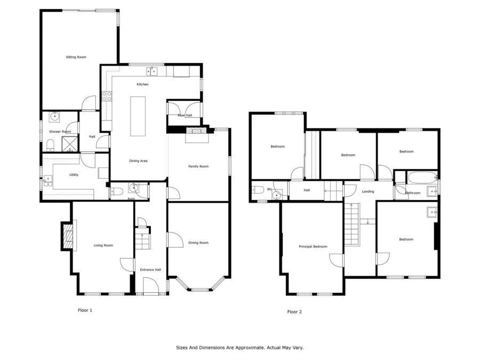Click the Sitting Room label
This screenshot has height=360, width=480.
pos(76,57)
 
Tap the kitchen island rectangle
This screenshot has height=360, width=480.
pos(138,116)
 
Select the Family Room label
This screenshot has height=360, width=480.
pos(198,166)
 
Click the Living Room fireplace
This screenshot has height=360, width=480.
pos(68,235)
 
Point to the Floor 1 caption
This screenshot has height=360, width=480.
pos(85,310)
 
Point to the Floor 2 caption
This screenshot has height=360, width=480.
pos(294,311)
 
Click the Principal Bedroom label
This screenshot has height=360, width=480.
pos(313,246)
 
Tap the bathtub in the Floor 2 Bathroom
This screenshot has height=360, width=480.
pos(421,178)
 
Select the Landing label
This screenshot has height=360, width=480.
pos(368,191)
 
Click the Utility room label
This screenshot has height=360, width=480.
pos(74,175)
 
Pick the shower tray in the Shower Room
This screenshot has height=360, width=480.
pos(70,144)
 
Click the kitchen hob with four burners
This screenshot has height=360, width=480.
pos(107,97)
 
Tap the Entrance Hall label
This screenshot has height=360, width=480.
pos(150,270)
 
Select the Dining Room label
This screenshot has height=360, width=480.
pos(198,243)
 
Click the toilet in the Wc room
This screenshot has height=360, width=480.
pos(258,190)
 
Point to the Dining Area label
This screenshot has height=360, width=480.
pos(138,161)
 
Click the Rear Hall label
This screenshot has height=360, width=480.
pos(185,115)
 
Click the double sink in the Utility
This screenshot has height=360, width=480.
pos(48,181)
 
